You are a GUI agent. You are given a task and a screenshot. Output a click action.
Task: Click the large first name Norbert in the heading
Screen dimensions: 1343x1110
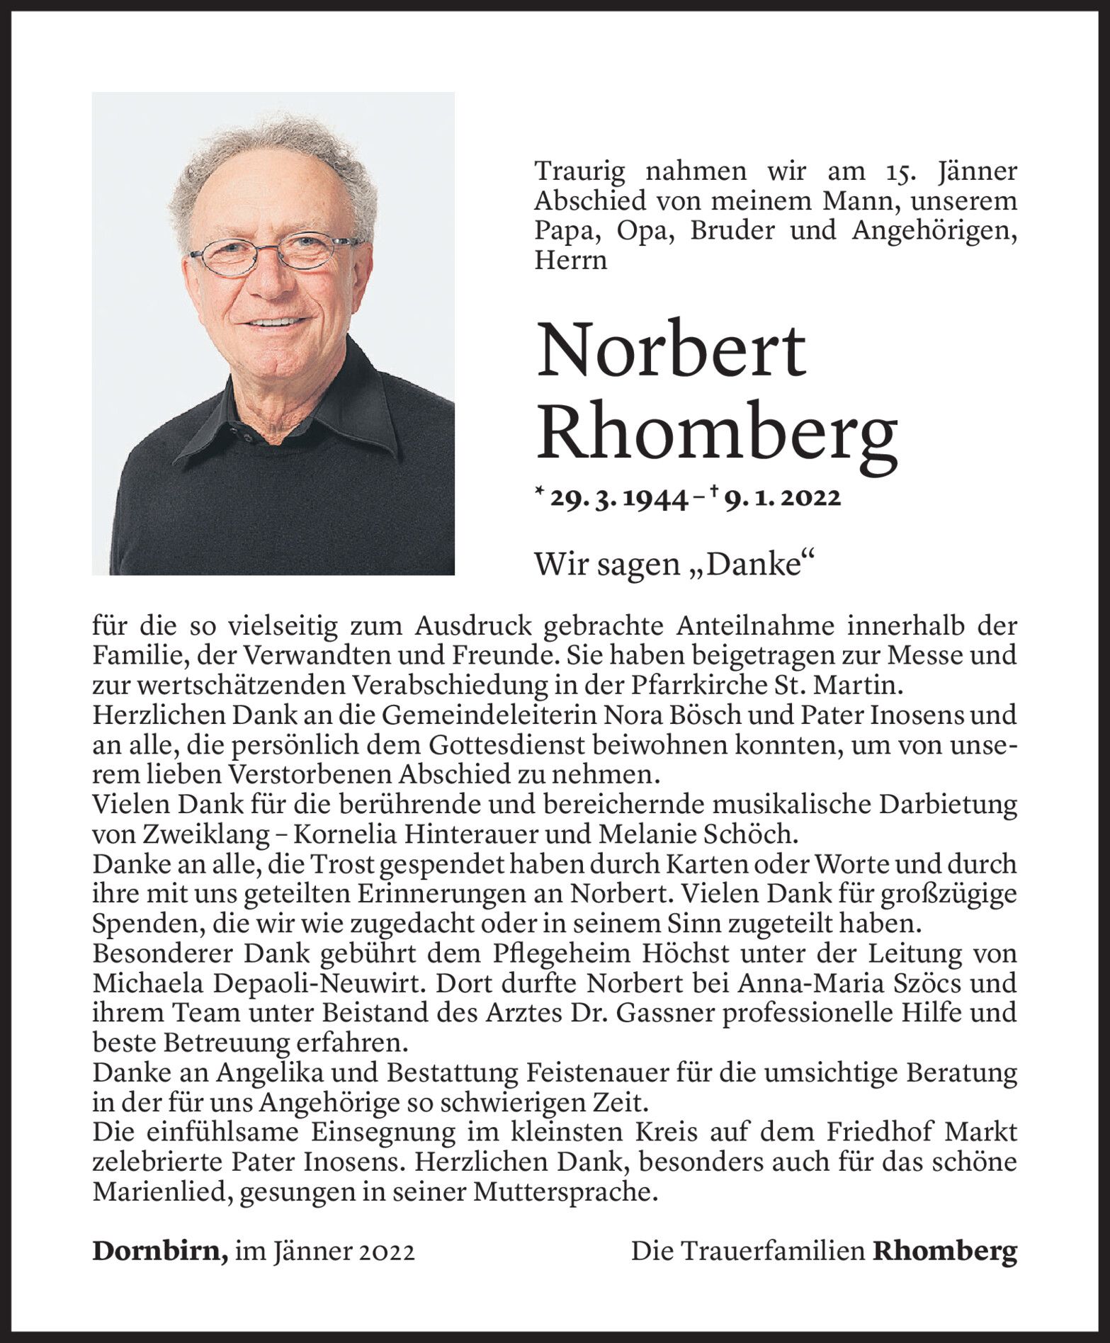671,351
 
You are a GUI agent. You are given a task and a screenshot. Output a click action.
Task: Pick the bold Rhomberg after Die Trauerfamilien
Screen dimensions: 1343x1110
944,1251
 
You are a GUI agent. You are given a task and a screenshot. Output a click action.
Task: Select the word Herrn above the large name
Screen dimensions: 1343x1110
571,261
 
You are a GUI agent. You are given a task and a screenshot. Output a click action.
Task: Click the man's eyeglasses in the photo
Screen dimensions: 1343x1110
273,253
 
